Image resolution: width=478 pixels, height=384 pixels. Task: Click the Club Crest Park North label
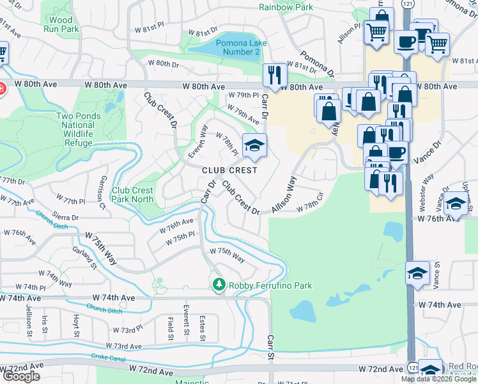[x=132, y=195]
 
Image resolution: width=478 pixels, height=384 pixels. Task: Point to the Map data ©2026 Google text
[x=438, y=379]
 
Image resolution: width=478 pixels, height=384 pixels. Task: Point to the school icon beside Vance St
[x=417, y=273]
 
